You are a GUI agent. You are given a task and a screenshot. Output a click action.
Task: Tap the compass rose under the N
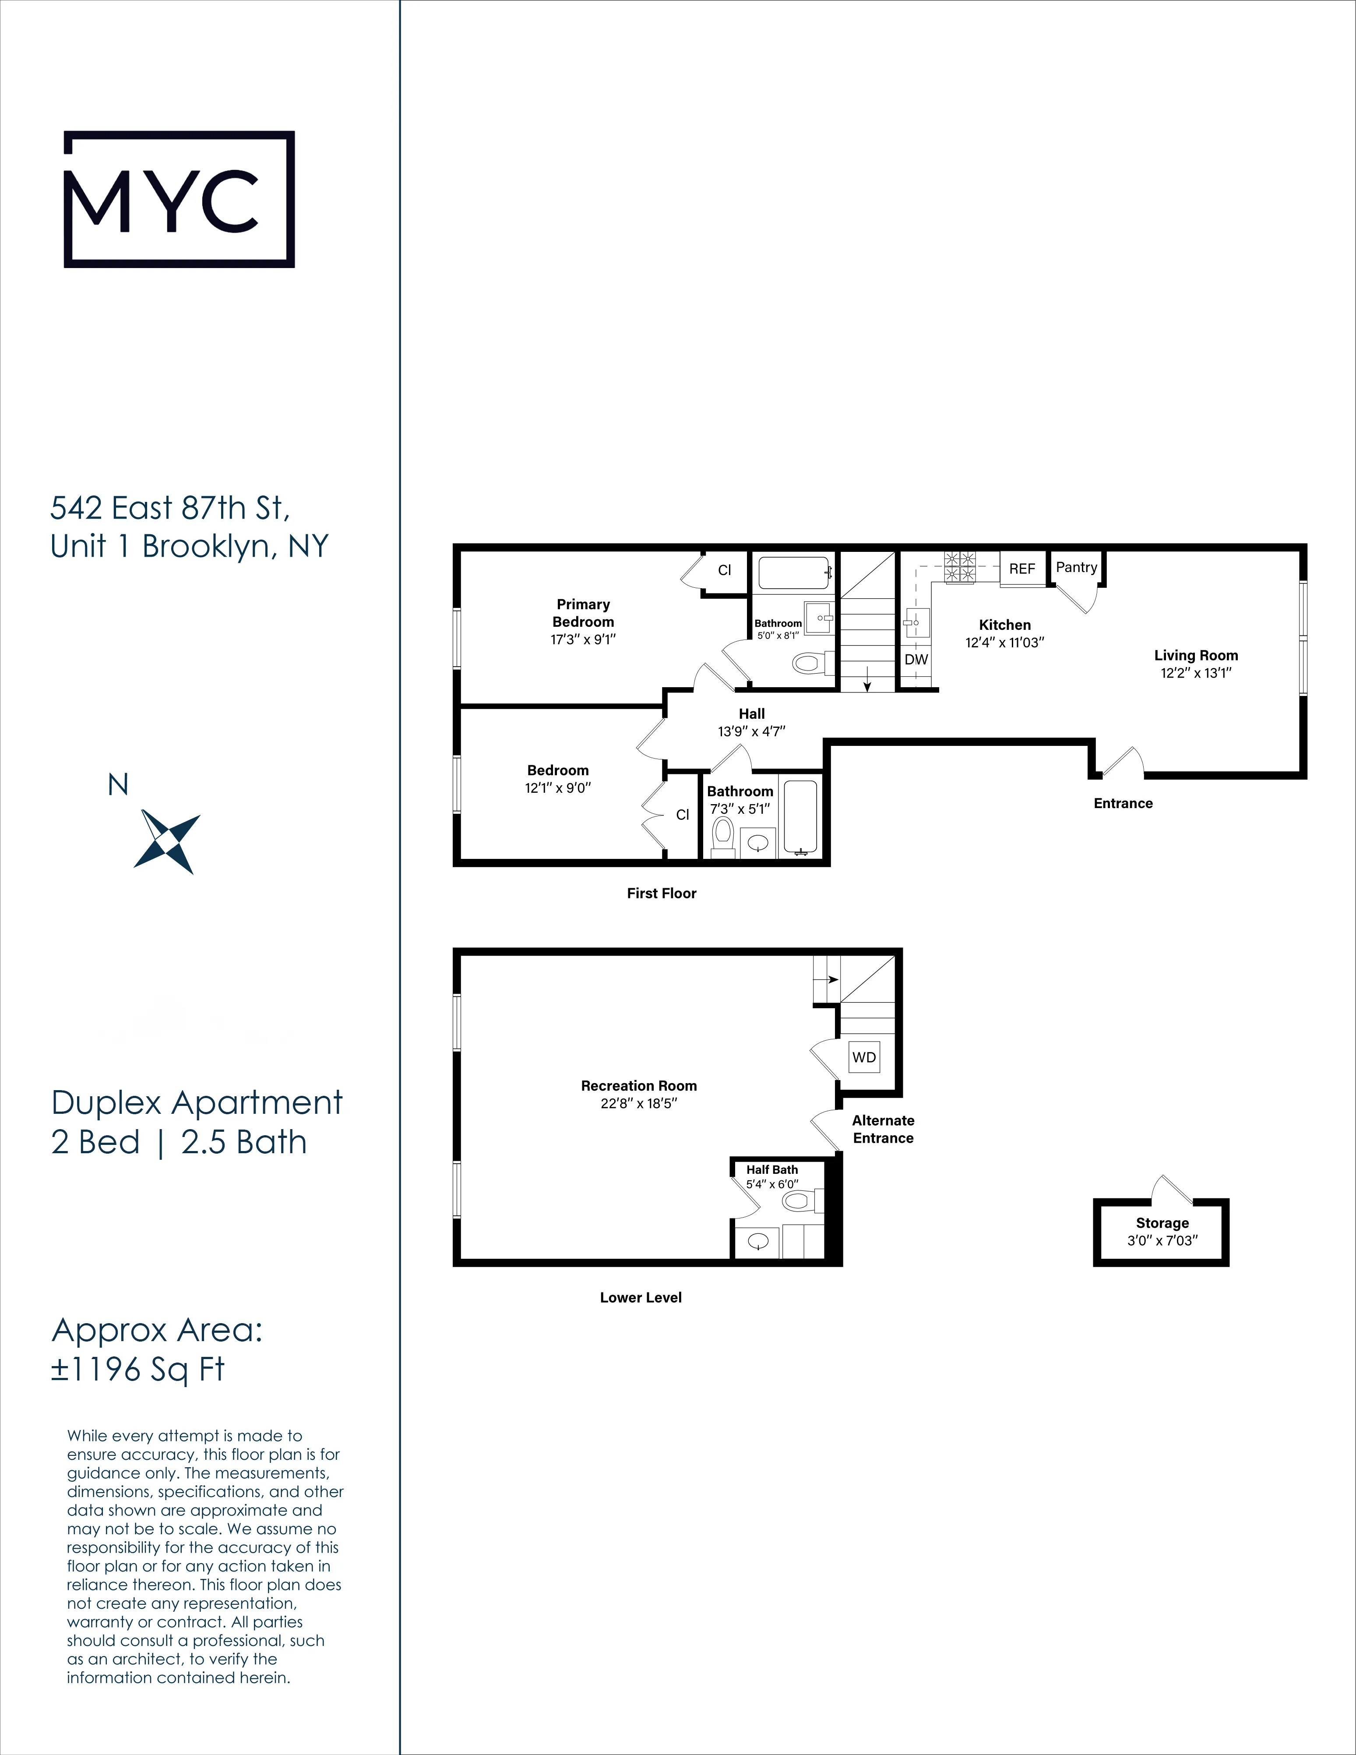[167, 841]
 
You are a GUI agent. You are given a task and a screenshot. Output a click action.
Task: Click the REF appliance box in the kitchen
[1022, 568]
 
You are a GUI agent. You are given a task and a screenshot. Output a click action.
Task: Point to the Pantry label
[1076, 567]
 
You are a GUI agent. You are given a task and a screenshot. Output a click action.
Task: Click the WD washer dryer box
[863, 1057]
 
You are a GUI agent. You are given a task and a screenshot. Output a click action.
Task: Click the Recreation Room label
[639, 1086]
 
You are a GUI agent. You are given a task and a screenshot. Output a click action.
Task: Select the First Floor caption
[661, 893]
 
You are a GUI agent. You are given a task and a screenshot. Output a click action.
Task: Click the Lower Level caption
[640, 1297]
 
